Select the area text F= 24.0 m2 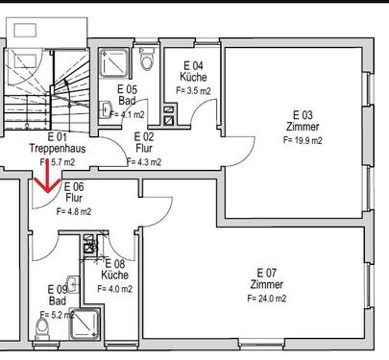tap(266, 298)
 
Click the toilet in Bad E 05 tap(147, 60)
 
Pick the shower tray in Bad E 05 tap(116, 61)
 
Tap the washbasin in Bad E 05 tap(106, 110)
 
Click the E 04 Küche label tap(192, 71)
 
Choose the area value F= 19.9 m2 tap(303, 139)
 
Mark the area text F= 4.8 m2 tap(74, 211)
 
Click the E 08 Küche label tap(114, 269)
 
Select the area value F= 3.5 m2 tap(192, 90)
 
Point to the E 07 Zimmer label tap(266, 278)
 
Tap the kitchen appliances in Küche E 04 tap(169, 116)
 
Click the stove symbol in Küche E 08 tap(90, 248)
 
